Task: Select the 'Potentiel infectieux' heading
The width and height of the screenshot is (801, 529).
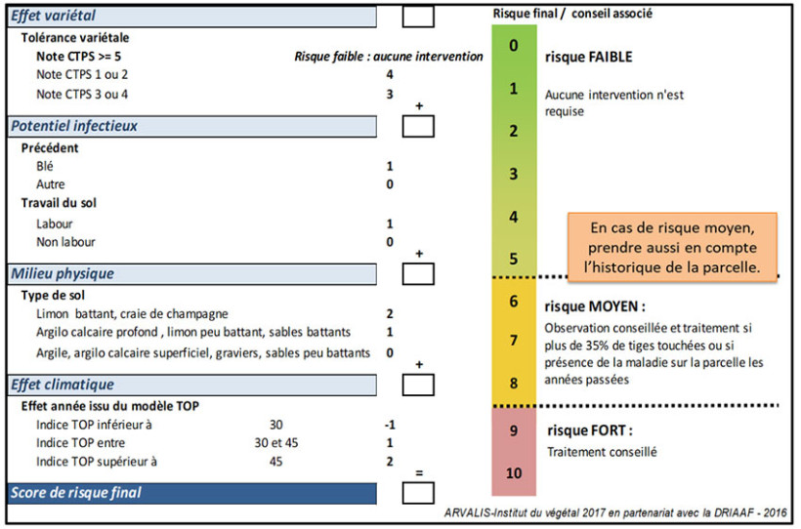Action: tap(73, 126)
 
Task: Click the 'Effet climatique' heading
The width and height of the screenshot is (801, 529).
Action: tap(63, 385)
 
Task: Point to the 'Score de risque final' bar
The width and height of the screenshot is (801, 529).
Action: tap(75, 493)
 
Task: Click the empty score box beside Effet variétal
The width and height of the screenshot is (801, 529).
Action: tap(418, 16)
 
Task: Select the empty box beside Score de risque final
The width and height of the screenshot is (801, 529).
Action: tap(418, 493)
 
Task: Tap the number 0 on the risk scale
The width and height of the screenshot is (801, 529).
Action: tap(514, 45)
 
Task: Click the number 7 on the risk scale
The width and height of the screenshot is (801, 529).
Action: tap(514, 341)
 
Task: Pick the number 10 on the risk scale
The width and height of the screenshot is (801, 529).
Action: tap(514, 472)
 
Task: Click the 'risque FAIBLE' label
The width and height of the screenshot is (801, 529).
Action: tap(589, 58)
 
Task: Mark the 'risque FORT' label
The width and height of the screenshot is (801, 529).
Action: tap(590, 429)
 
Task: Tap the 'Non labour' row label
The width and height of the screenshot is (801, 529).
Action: tap(65, 242)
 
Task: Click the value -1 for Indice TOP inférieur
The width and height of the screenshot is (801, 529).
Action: tap(390, 425)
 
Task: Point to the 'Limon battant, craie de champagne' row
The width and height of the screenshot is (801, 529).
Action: tap(132, 314)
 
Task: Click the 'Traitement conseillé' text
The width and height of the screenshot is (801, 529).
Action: tap(602, 452)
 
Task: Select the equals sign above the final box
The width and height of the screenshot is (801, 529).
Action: tap(418, 473)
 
